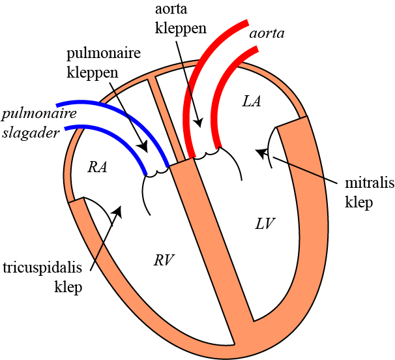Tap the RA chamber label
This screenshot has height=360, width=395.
pyautogui.click(x=97, y=167)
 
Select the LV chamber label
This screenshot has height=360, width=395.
pyautogui.click(x=265, y=224)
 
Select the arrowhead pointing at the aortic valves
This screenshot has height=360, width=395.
pyautogui.click(x=199, y=122)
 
